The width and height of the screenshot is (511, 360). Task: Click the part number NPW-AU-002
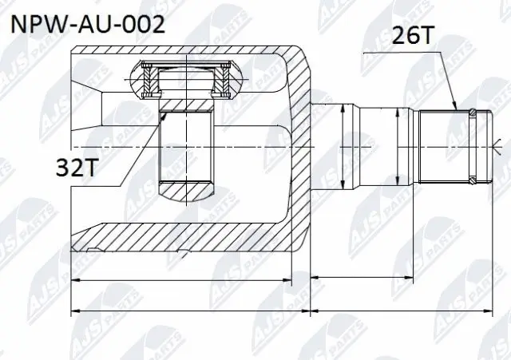86,24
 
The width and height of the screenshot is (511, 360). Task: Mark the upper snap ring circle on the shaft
474,110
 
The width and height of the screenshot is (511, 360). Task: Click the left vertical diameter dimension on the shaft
343,146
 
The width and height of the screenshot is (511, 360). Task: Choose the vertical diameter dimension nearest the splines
400,146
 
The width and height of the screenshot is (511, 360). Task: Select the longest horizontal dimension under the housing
190,310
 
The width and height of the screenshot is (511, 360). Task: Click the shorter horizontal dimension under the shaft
361,277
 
